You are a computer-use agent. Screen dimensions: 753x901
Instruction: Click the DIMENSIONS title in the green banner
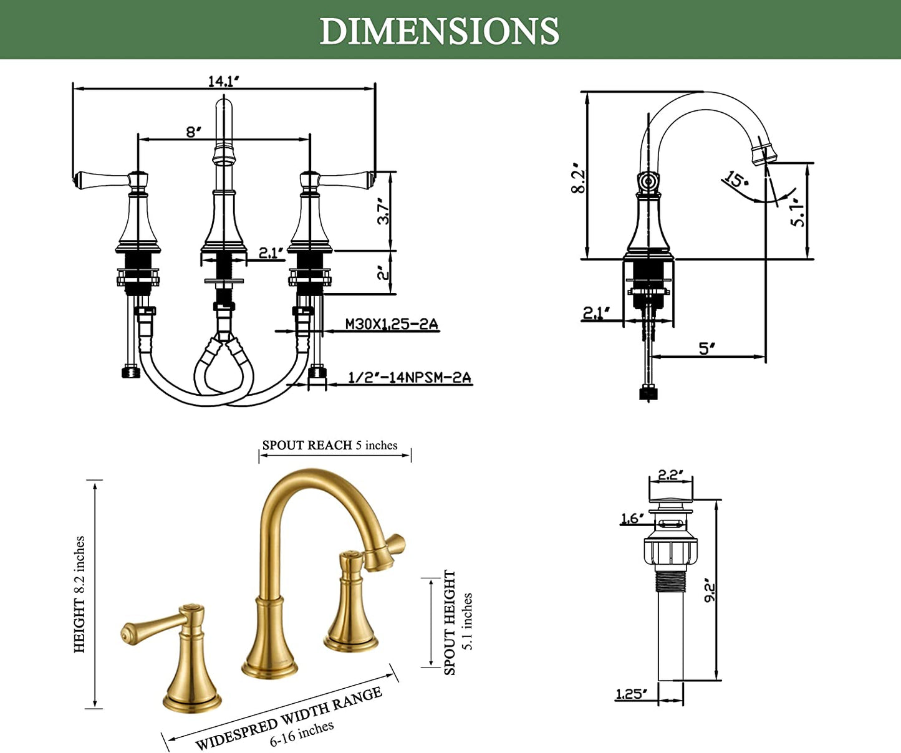pos(440,31)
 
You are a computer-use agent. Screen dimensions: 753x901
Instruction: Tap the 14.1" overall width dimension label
pos(223,81)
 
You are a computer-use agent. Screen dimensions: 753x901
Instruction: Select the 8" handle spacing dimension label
pos(193,132)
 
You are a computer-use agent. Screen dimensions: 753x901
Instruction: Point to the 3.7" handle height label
pos(384,211)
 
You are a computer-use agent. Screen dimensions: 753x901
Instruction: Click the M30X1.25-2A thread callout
pos(392,324)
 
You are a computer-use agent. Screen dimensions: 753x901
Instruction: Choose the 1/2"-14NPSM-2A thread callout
pos(409,377)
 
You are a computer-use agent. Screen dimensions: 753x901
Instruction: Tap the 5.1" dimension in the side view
pos(797,213)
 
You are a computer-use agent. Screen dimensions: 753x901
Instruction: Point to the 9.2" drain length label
pos(710,589)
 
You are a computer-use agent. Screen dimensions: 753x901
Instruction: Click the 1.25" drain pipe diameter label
pos(631,694)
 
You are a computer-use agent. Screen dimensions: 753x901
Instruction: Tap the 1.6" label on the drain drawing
pos(632,519)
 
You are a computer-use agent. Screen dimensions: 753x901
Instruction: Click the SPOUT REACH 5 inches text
pos(330,445)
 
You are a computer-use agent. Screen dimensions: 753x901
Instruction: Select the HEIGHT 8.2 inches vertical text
pos(79,594)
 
